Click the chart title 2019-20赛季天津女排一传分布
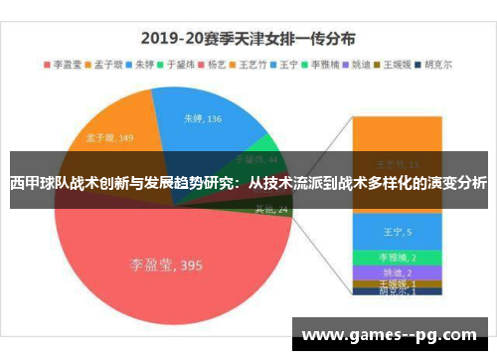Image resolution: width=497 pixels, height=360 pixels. [248, 40]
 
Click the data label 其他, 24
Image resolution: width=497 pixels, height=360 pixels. [270, 209]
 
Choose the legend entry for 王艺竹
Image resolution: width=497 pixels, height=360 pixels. [261, 65]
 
